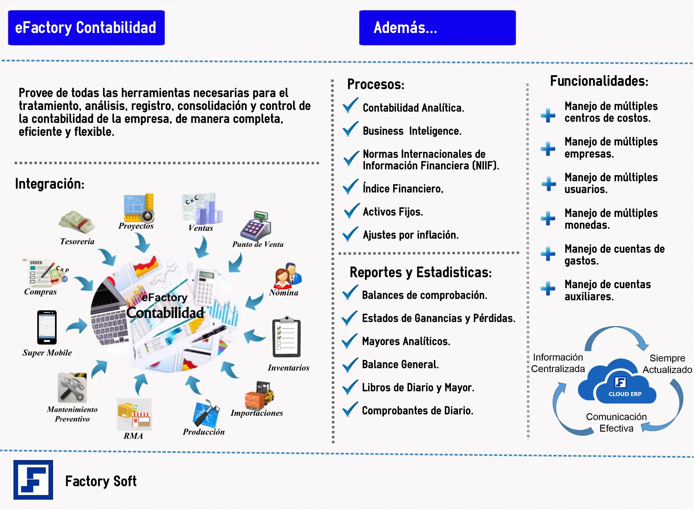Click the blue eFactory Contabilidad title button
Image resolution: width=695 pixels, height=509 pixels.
click(86, 28)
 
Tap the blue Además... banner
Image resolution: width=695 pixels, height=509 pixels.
click(437, 28)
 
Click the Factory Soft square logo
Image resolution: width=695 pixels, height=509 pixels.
click(33, 480)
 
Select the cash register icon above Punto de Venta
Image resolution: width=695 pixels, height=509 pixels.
click(256, 226)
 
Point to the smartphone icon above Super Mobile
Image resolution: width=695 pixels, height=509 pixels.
click(47, 327)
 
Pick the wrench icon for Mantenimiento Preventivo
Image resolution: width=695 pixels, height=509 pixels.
click(72, 388)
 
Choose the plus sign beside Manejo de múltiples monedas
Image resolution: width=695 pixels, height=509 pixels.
click(548, 218)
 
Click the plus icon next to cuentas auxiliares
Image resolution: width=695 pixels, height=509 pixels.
click(548, 288)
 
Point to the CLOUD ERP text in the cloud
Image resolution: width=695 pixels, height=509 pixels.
click(625, 394)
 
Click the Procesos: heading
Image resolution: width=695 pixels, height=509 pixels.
click(376, 84)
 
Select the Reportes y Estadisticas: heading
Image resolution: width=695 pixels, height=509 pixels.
click(421, 272)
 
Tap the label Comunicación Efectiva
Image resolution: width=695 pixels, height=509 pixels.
click(616, 422)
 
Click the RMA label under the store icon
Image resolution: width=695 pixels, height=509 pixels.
click(133, 436)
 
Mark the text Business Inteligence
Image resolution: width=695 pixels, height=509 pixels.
click(412, 131)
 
